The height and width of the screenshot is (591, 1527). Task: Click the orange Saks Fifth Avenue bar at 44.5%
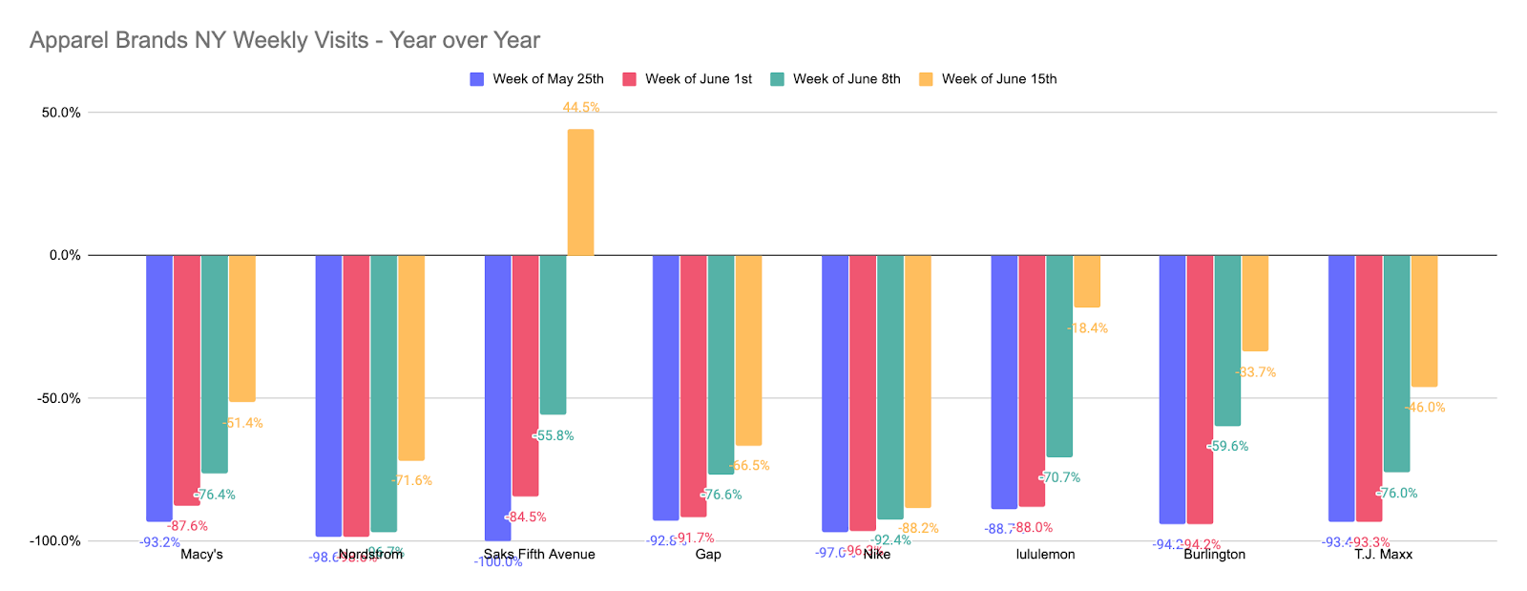point(580,192)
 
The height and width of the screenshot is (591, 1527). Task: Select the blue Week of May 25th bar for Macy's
point(159,388)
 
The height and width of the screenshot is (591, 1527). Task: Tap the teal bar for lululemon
point(1059,355)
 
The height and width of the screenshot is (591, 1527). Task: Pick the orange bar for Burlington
point(1255,303)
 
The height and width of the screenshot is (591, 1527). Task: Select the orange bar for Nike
point(918,381)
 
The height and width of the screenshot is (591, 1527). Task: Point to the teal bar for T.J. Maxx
point(1396,363)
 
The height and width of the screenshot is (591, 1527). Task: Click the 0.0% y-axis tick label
point(65,255)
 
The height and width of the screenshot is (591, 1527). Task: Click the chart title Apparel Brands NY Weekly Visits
point(284,40)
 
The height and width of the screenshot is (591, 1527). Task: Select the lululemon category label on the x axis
point(1045,555)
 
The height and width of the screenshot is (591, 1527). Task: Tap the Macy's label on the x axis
point(201,555)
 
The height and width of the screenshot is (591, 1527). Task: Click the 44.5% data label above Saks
point(581,108)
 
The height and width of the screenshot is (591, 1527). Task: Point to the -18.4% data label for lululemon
point(1088,328)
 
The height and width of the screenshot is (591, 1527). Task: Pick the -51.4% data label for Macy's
point(243,423)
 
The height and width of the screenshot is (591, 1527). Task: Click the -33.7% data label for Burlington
point(1256,372)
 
